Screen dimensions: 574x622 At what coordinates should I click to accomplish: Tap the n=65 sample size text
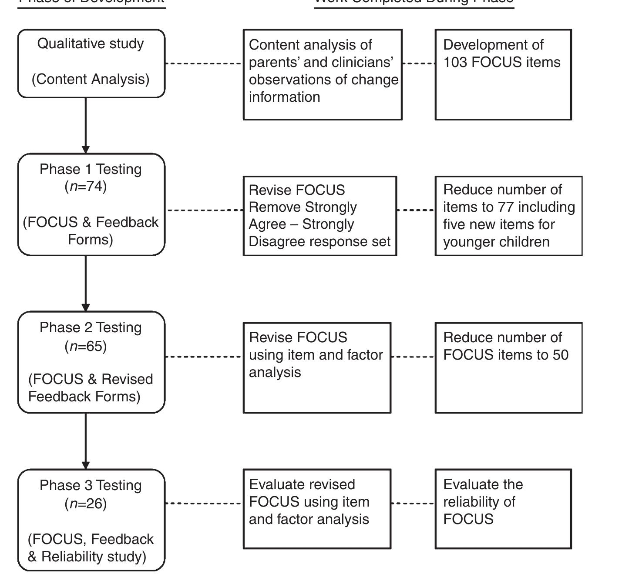tap(86, 346)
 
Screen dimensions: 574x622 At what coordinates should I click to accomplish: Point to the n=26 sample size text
tap(86, 504)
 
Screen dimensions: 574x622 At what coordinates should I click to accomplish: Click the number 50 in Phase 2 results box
tap(561, 355)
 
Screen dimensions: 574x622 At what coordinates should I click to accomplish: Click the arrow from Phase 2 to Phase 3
tap(86, 441)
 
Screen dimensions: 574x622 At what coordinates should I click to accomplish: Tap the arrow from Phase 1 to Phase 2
tap(86, 283)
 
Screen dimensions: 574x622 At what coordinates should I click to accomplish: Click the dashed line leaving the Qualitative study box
tap(203, 63)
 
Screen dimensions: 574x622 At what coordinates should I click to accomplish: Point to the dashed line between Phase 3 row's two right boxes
tap(413, 504)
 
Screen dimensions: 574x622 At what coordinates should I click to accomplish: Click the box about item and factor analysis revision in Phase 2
tap(317, 367)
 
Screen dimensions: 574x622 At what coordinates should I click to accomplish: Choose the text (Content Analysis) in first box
tap(91, 79)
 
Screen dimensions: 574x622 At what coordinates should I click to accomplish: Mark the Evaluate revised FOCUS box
tap(317, 509)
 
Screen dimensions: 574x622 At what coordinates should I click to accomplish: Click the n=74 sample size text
tap(86, 186)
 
